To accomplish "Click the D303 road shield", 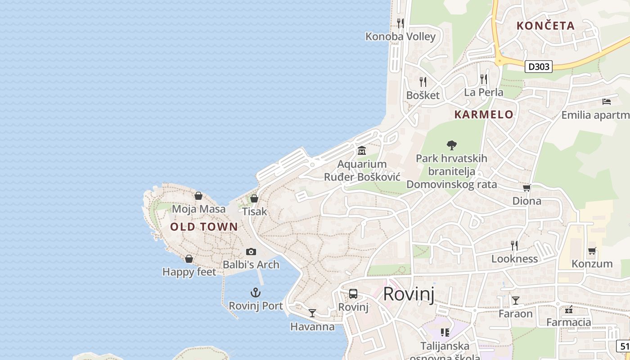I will (x=539, y=67).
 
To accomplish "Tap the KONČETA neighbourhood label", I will (x=545, y=26).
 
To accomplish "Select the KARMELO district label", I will (x=484, y=114).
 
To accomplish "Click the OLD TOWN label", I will (x=204, y=227).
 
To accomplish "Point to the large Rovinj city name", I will (x=409, y=294).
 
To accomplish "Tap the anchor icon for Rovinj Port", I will (x=256, y=293).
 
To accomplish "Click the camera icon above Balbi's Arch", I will (x=251, y=252).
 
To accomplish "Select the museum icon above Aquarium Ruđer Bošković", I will (x=362, y=151).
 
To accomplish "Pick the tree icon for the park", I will (x=451, y=145).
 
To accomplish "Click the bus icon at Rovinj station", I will (x=353, y=294).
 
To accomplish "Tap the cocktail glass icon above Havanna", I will (x=312, y=313).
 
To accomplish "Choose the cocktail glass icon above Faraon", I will (x=516, y=300).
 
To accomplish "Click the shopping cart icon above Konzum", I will (x=592, y=250).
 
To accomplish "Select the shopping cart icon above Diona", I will (x=526, y=188).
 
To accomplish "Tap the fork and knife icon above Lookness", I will (x=514, y=245).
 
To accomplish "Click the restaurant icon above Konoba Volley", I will (x=400, y=23).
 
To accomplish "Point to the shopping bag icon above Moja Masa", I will (x=198, y=196).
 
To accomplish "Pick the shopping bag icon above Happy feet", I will (x=189, y=259).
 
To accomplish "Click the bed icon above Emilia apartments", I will (x=607, y=102).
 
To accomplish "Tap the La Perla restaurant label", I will (x=484, y=93).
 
